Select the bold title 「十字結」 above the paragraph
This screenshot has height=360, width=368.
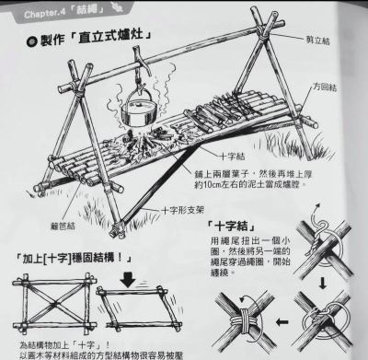click(227, 224)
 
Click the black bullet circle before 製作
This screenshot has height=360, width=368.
click(33, 40)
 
